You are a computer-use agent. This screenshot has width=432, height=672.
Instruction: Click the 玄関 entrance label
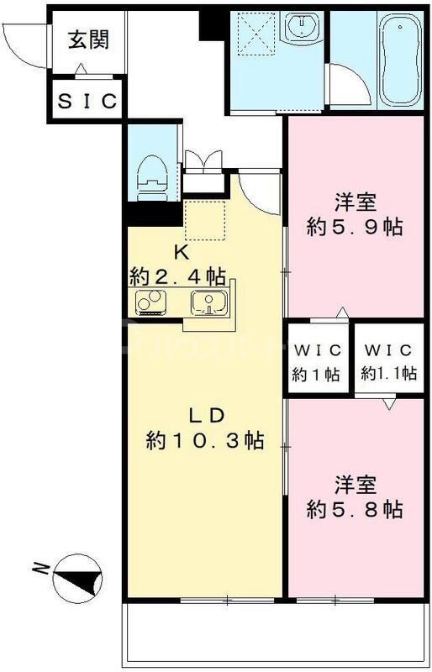click(87, 39)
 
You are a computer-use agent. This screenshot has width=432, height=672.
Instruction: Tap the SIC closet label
click(87, 101)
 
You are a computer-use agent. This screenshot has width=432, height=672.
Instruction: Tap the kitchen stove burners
click(150, 302)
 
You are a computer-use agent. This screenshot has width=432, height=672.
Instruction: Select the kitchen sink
click(207, 302)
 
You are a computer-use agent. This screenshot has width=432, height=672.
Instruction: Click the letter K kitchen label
click(180, 250)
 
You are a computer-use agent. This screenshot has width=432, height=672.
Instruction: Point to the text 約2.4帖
click(177, 275)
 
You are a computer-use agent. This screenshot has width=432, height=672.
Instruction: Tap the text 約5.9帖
click(355, 227)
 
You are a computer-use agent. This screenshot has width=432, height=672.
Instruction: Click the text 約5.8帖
click(355, 509)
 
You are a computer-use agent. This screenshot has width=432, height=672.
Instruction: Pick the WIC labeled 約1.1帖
click(387, 362)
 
